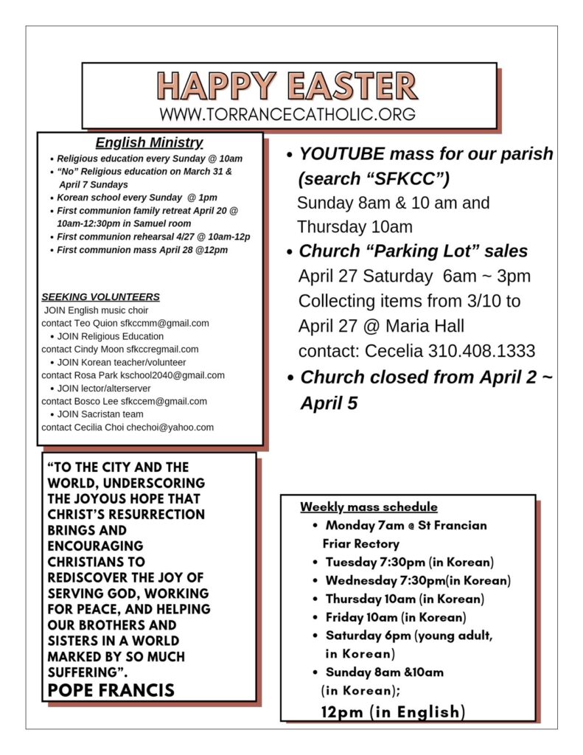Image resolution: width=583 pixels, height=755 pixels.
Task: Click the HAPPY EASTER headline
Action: click(x=287, y=86)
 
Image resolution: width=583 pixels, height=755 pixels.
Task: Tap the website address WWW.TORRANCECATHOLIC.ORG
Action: click(x=287, y=114)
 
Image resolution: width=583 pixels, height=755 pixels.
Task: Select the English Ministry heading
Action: click(x=150, y=142)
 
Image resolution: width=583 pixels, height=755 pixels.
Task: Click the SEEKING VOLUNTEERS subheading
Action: click(x=100, y=297)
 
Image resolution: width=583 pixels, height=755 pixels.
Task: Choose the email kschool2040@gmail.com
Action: click(x=178, y=375)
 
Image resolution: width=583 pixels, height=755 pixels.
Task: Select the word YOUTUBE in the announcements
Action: click(x=342, y=154)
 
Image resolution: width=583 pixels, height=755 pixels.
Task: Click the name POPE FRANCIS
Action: click(x=111, y=690)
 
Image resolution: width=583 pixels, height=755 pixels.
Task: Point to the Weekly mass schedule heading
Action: click(x=369, y=507)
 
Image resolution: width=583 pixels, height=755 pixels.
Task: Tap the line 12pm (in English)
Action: click(x=393, y=711)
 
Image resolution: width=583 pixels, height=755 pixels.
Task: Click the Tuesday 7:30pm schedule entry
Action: click(x=409, y=562)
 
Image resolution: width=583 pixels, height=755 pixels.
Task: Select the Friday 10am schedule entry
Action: click(x=395, y=617)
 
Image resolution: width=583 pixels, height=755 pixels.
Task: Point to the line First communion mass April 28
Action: click(x=142, y=250)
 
